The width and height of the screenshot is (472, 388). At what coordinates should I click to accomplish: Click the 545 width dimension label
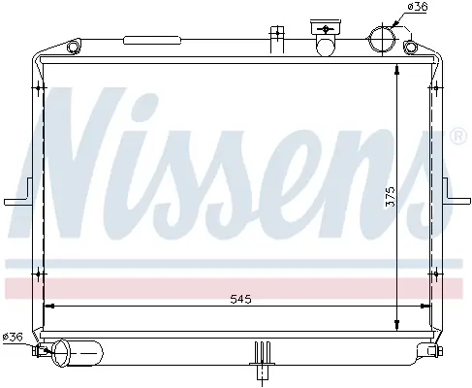coord(240,299)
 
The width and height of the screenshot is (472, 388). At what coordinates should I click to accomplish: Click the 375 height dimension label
coord(391,196)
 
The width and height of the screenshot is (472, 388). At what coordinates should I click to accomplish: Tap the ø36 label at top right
coord(417,7)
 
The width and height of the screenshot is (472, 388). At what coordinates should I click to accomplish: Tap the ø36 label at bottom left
coord(13,338)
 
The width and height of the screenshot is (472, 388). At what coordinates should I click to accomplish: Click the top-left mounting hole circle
coord(73,48)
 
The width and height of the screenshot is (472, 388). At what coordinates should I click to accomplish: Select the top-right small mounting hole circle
coord(410,48)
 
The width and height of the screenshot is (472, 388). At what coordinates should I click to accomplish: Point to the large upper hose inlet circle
coord(382,38)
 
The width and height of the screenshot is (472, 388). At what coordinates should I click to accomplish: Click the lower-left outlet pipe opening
coord(61,353)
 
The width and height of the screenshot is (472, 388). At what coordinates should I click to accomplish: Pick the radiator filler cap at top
coord(326,27)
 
